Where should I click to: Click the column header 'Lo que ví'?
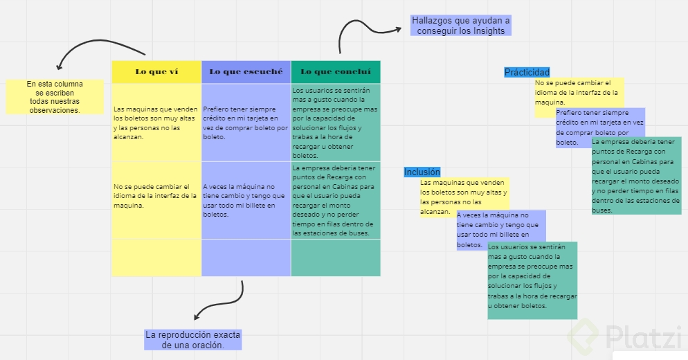pos(156,71)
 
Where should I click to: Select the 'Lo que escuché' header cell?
pos(246,71)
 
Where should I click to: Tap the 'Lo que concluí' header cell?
pos(336,71)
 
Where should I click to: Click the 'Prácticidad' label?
pos(527,72)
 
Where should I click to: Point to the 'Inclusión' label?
pos(422,172)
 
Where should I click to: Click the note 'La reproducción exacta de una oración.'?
pos(192,339)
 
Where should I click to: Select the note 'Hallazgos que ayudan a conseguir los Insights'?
pos(460,26)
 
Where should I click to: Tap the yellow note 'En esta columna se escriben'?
pos(55,96)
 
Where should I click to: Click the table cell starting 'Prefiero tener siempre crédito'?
pos(246,123)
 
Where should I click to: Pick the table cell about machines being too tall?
pos(156,123)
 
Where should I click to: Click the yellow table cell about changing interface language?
pos(156,200)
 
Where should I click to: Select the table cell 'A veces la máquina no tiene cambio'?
pos(246,200)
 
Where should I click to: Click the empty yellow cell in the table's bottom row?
pos(156,258)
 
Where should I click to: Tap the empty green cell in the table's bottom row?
pos(336,258)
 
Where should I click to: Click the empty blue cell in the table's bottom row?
pos(246,258)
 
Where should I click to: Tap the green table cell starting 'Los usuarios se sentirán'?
pos(336,123)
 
